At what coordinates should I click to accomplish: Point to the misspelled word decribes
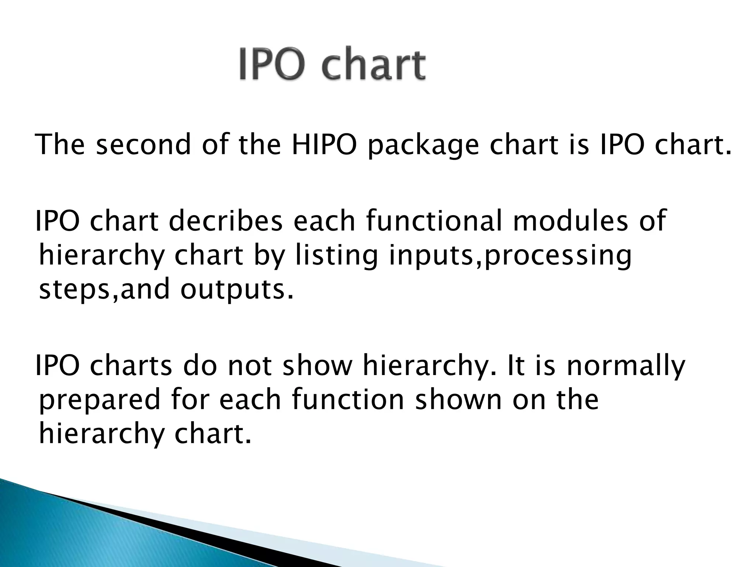[226, 221]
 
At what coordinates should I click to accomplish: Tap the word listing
[336, 256]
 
